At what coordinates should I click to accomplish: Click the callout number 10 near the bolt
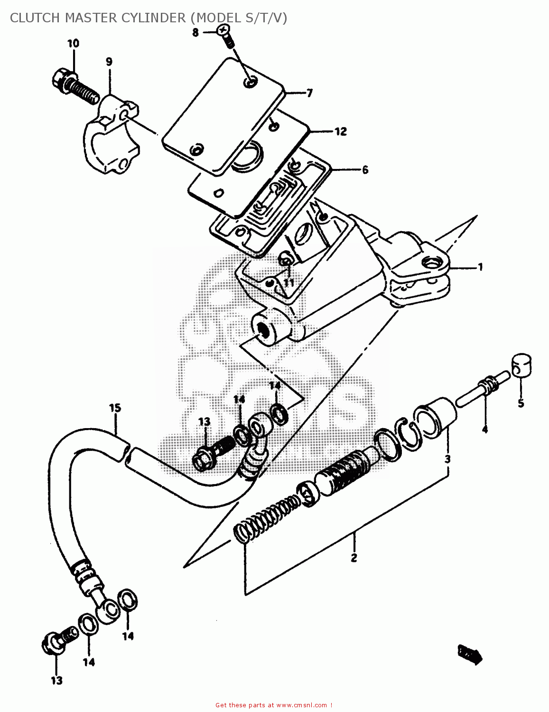(73, 44)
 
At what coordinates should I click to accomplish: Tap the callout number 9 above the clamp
(109, 62)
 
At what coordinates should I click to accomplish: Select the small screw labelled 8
(225, 35)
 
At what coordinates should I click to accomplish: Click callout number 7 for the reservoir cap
(309, 93)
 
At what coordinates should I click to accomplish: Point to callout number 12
(341, 131)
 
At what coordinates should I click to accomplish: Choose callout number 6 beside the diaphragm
(365, 170)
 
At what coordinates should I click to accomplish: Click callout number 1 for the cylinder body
(480, 267)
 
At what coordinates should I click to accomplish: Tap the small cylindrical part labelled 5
(521, 365)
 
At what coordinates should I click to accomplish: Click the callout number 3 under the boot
(447, 459)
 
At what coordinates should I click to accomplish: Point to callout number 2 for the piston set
(354, 558)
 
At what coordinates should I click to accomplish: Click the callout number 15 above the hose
(115, 408)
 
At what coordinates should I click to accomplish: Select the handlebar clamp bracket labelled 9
(112, 138)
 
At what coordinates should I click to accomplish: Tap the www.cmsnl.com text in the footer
(301, 705)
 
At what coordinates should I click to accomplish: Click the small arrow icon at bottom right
(470, 654)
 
